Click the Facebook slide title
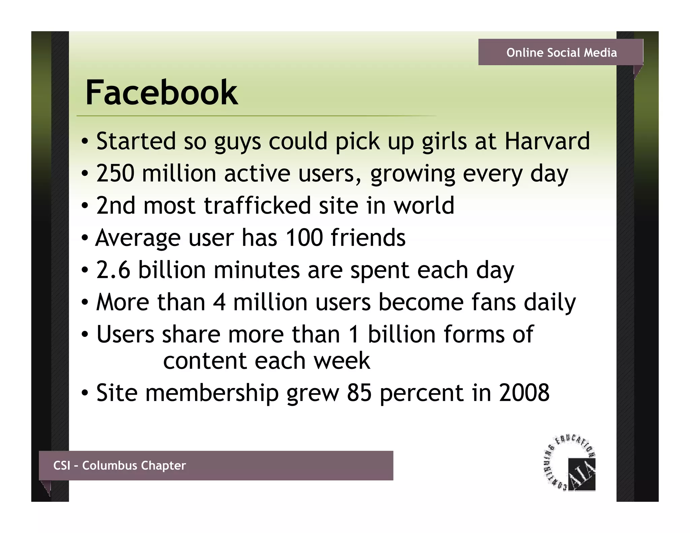162,92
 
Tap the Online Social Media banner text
561,53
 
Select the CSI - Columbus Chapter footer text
120,465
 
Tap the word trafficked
257,205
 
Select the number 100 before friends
304,238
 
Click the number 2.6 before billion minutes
113,270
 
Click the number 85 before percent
359,393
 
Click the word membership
212,393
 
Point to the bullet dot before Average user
85,238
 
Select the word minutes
256,270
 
